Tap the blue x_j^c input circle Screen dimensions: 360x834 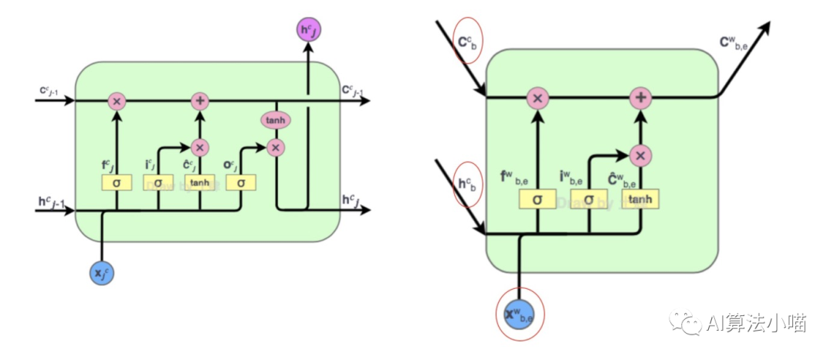click(x=102, y=272)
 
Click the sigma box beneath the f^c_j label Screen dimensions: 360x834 click(x=117, y=182)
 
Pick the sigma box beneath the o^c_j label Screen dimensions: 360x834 click(x=241, y=182)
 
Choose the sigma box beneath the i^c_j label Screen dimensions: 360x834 click(x=158, y=182)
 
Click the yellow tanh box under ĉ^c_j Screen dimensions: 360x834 click(x=200, y=182)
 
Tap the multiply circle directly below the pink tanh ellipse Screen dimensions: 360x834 click(x=276, y=147)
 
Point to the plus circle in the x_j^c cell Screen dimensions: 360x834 click(x=200, y=101)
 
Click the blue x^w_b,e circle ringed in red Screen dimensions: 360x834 click(x=519, y=313)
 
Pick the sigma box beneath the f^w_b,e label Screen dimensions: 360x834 click(x=537, y=200)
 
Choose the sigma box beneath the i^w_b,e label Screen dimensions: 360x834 click(x=588, y=200)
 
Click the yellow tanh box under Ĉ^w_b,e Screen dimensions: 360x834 click(x=640, y=200)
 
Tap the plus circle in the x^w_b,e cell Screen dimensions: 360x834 click(x=640, y=98)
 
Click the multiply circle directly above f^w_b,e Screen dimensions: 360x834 click(x=537, y=98)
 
